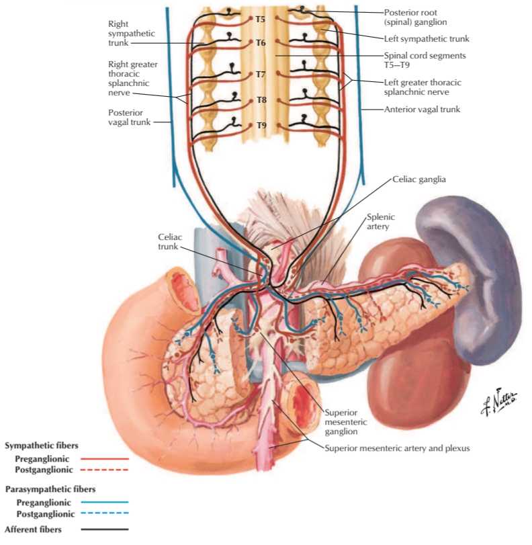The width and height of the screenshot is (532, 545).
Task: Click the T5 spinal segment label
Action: click(x=261, y=19)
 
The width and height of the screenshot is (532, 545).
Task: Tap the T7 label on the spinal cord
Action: click(x=261, y=73)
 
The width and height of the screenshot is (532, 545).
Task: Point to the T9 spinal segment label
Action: click(x=261, y=126)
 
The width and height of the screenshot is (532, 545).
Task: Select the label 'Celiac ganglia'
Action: click(x=419, y=179)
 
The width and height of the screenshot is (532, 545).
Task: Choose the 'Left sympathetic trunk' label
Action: click(x=427, y=38)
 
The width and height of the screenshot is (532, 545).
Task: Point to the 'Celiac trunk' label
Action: click(x=169, y=242)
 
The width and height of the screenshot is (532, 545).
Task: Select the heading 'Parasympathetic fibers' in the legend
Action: click(x=50, y=489)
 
